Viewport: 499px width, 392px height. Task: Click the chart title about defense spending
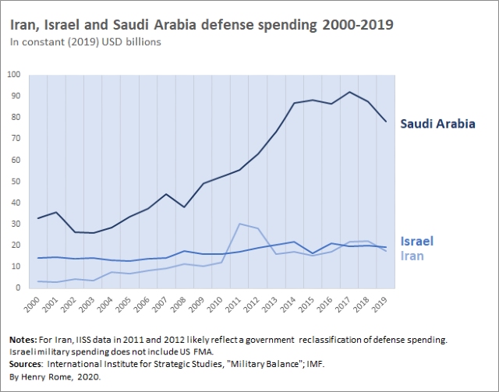pyautogui.click(x=201, y=25)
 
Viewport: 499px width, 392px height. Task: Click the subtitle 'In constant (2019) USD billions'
pyautogui.click(x=86, y=42)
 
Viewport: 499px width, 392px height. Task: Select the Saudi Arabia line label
pyautogui.click(x=437, y=124)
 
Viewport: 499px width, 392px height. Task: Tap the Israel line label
pyautogui.click(x=416, y=241)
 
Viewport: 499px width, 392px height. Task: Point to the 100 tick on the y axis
pyautogui.click(x=13, y=75)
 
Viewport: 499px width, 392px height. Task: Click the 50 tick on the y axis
pyautogui.click(x=16, y=182)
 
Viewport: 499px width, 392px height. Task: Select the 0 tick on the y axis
pyautogui.click(x=18, y=288)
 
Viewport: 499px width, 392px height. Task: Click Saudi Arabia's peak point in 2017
pyautogui.click(x=349, y=92)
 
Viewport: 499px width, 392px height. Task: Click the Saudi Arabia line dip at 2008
pyautogui.click(x=184, y=207)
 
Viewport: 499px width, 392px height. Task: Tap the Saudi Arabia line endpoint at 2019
pyautogui.click(x=385, y=121)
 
